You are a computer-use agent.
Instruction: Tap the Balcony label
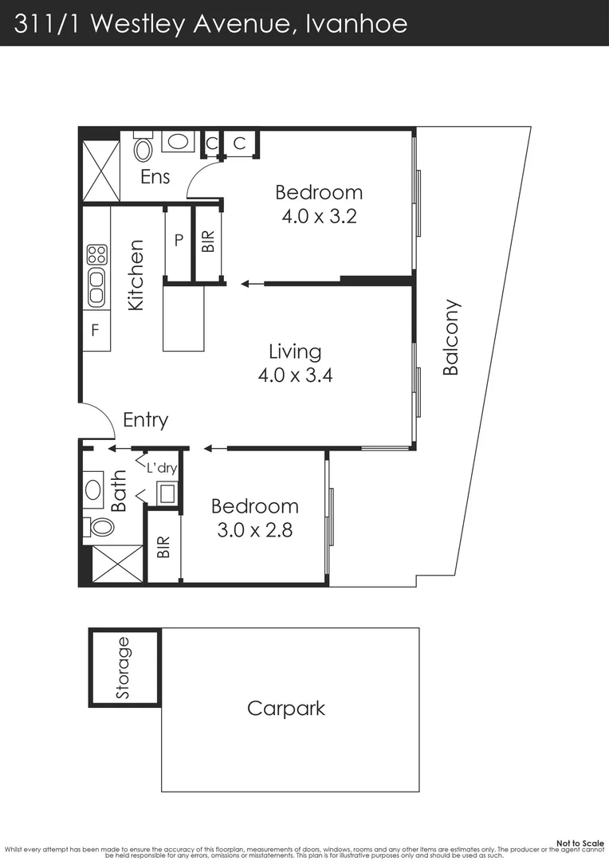451,337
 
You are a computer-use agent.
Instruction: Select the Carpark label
286,708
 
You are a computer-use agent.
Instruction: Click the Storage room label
123,668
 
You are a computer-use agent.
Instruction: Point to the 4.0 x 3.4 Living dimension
295,375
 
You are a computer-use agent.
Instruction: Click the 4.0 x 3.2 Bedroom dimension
319,216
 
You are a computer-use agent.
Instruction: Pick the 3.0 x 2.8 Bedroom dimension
255,529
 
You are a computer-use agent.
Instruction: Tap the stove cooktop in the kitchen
96,255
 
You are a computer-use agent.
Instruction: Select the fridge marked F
95,329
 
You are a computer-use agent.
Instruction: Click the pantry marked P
179,239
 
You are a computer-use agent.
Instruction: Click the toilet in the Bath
100,527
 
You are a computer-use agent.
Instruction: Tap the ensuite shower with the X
100,171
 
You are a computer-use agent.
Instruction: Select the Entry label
145,420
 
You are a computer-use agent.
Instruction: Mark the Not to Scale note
580,843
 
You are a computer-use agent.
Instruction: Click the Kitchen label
136,275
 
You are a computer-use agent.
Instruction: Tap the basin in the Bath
93,489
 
